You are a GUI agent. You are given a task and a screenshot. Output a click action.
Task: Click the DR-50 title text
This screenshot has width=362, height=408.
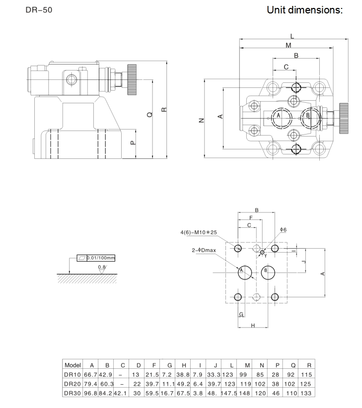click(x=38, y=10)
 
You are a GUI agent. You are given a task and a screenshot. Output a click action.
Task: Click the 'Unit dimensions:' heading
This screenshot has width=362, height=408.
click(x=305, y=10)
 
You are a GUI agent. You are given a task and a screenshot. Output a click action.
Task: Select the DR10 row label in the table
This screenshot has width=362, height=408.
click(x=72, y=374)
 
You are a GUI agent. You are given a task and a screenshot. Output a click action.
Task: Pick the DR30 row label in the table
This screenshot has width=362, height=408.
click(x=72, y=393)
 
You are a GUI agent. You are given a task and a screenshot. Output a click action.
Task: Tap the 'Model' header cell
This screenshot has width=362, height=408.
click(x=72, y=365)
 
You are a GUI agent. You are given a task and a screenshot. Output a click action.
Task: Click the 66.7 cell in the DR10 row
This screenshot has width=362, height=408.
click(x=91, y=374)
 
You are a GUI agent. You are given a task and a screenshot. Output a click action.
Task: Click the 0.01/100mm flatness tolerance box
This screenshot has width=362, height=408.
click(x=100, y=258)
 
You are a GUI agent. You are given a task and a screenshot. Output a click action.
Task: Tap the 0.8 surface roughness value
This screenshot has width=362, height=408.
click(x=101, y=267)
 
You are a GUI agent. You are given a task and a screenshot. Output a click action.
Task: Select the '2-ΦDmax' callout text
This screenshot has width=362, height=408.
click(x=204, y=251)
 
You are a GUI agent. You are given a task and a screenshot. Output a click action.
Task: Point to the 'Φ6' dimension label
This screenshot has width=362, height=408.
click(x=283, y=230)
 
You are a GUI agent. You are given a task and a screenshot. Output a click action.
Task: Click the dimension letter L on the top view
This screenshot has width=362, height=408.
click(x=292, y=36)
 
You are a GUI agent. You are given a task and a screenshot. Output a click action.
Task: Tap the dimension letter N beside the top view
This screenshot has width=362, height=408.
click(x=201, y=120)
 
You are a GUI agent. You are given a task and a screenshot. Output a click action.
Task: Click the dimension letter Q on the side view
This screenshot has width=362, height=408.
click(x=149, y=115)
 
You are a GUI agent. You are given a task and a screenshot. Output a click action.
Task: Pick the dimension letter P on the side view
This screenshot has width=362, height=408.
click(x=133, y=143)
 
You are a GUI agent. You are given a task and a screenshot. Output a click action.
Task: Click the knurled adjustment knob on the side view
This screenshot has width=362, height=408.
click(x=132, y=79)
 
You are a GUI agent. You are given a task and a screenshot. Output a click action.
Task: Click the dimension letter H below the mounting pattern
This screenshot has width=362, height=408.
click(x=253, y=326)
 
